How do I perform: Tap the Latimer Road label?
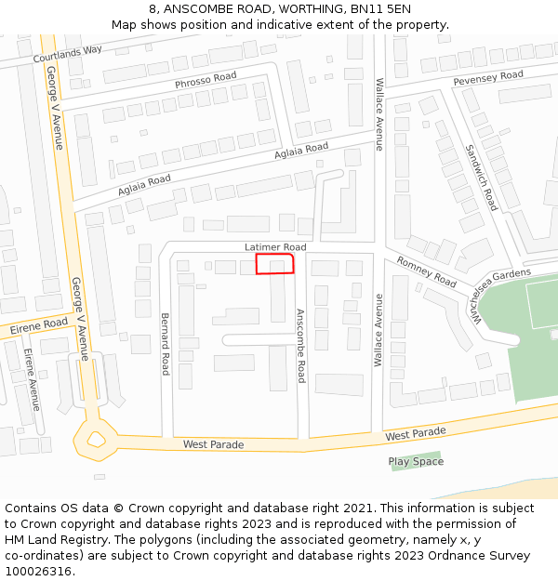pyautogui.click(x=275, y=246)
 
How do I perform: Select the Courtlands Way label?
pyautogui.click(x=67, y=55)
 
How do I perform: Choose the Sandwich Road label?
pyautogui.click(x=482, y=177)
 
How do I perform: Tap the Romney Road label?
pyautogui.click(x=427, y=271)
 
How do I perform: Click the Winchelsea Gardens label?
pyautogui.click(x=500, y=291)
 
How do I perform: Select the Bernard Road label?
pyautogui.click(x=166, y=343)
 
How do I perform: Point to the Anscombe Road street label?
pyautogui.click(x=300, y=345)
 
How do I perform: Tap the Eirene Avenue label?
pyautogui.click(x=31, y=379)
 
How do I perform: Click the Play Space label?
pyautogui.click(x=416, y=461)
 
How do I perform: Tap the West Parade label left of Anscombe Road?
pyautogui.click(x=213, y=444)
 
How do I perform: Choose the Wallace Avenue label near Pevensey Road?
pyautogui.click(x=379, y=113)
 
